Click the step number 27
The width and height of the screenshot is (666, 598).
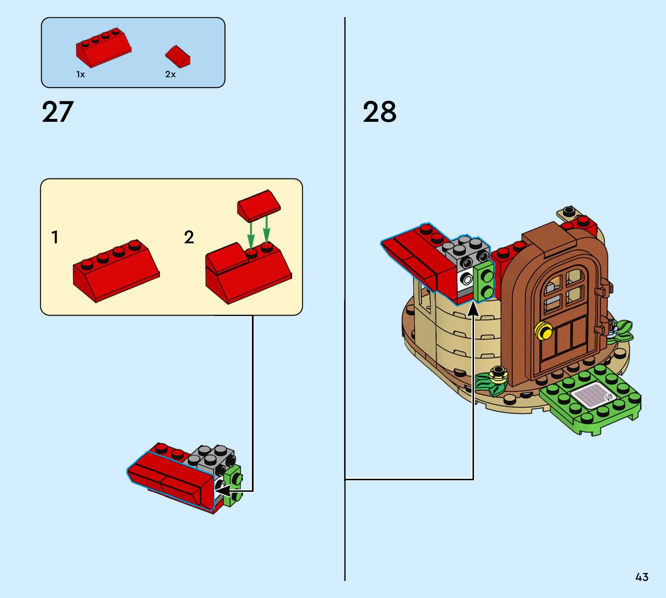(x=58, y=112)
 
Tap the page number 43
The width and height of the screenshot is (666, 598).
(x=642, y=577)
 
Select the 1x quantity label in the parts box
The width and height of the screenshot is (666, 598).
(x=80, y=75)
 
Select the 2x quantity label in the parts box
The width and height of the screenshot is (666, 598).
(x=170, y=75)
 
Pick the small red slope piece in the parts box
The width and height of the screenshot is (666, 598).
(x=178, y=57)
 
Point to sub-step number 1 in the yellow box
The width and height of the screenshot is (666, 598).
(x=55, y=237)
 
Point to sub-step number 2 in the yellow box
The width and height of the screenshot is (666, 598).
(x=189, y=237)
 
